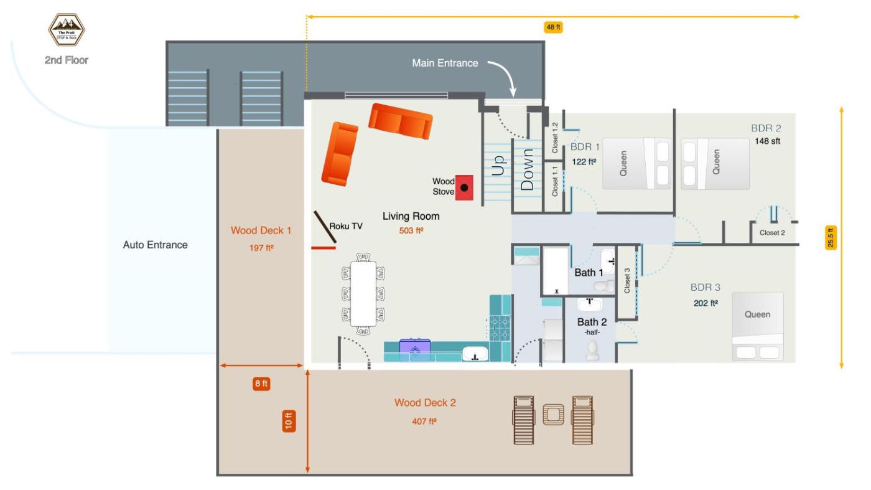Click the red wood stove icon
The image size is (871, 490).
click(x=465, y=187)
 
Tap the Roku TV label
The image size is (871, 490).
click(x=346, y=227)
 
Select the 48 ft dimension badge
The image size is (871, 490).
click(x=554, y=27)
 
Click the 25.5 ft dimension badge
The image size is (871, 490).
click(x=831, y=238)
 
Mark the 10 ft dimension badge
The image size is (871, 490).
click(x=288, y=422)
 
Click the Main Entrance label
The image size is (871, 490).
click(x=445, y=63)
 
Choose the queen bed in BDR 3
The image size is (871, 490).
click(x=757, y=326)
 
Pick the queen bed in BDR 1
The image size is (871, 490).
click(x=636, y=163)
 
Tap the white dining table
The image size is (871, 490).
click(x=363, y=294)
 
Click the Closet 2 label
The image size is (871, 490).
click(x=772, y=233)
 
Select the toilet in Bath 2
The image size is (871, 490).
click(x=592, y=351)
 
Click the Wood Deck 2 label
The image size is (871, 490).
click(x=425, y=403)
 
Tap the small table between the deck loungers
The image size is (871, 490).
click(x=552, y=414)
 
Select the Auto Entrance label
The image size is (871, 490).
click(x=155, y=245)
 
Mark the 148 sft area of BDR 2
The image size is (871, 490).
click(x=766, y=141)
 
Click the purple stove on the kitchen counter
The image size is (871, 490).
click(x=415, y=347)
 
